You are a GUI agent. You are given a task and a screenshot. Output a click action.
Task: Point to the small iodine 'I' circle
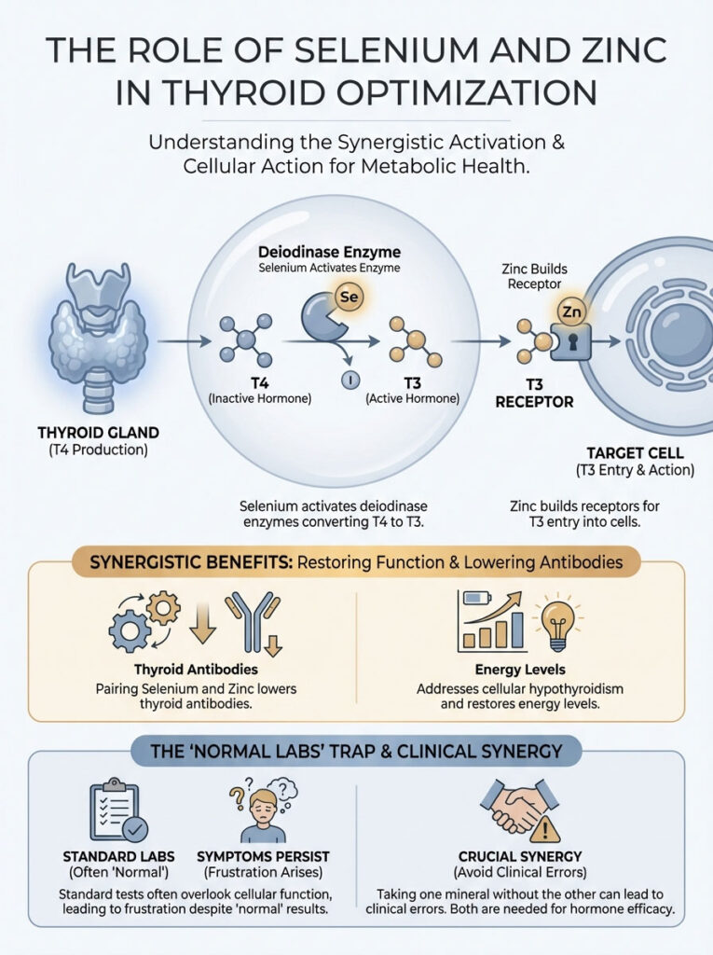point(350,380)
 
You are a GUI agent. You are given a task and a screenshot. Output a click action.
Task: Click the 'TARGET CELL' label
point(641,452)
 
